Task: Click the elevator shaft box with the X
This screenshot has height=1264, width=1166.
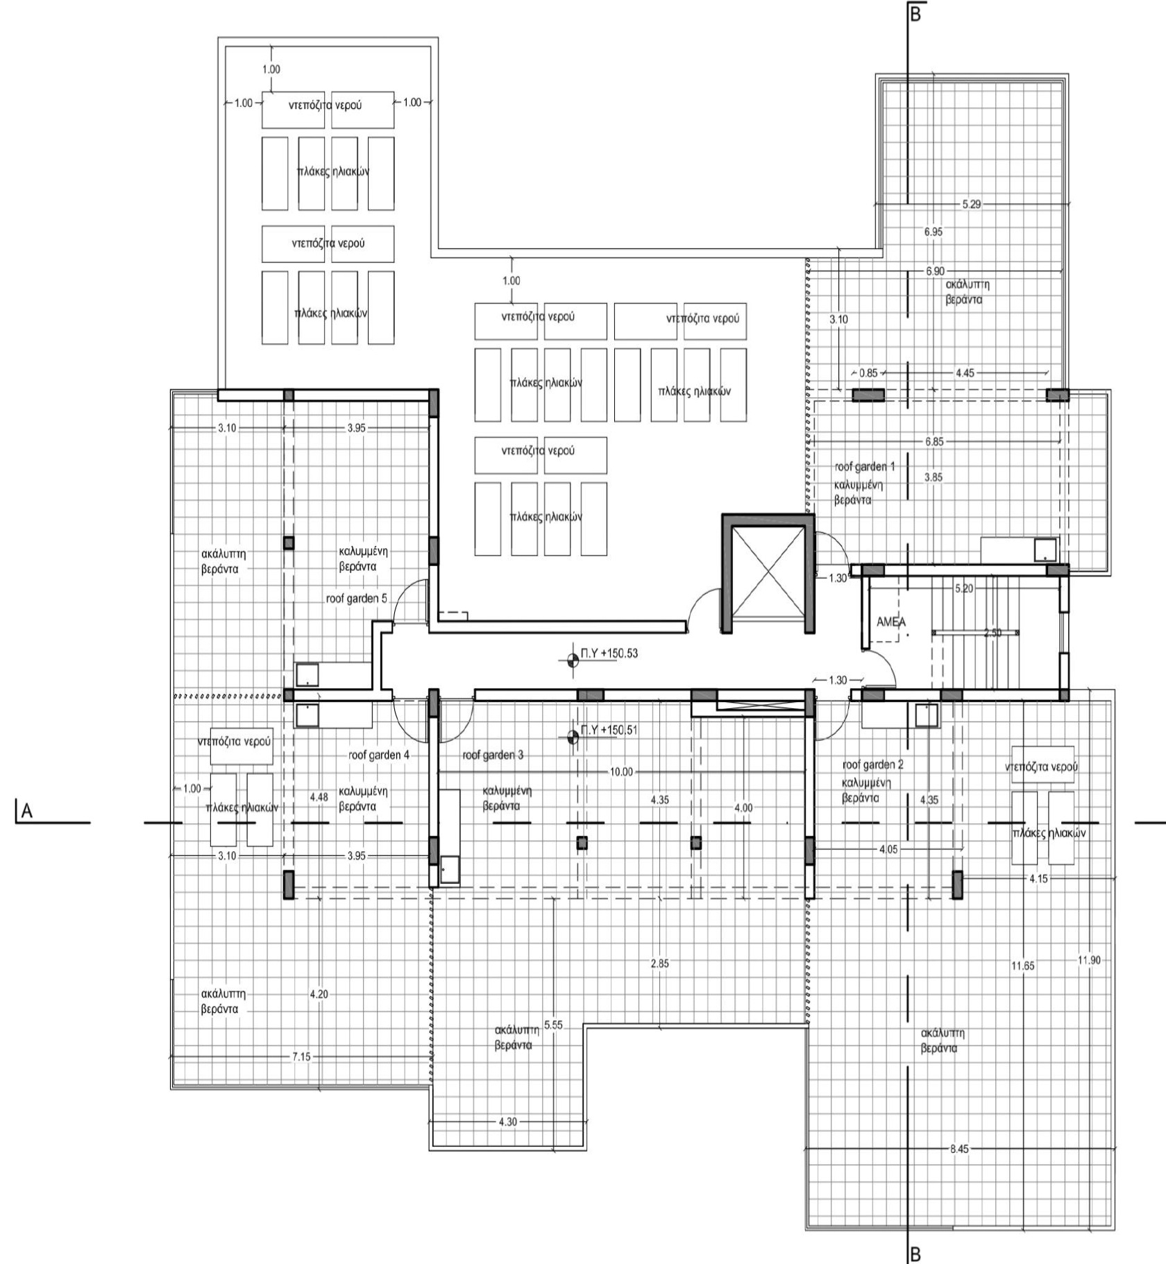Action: click(x=768, y=573)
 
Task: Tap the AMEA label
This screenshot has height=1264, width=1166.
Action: click(x=890, y=622)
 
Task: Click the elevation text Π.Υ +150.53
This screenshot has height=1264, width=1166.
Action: click(x=609, y=654)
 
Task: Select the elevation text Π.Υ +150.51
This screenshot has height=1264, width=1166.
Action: click(x=609, y=730)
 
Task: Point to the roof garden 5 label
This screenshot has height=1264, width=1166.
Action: click(x=356, y=599)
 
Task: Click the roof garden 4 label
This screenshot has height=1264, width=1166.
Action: click(x=379, y=755)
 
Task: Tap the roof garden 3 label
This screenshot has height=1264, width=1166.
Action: click(x=493, y=755)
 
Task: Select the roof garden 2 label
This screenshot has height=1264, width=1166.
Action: click(x=872, y=765)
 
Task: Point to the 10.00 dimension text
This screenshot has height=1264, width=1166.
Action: click(x=621, y=771)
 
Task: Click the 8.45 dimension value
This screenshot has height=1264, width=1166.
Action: click(x=958, y=1149)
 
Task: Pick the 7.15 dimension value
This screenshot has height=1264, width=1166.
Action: click(x=301, y=1057)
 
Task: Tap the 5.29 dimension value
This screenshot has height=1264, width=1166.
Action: click(x=971, y=205)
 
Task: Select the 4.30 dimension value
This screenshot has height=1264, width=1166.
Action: click(x=507, y=1122)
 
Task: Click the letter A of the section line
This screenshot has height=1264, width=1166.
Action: click(x=26, y=811)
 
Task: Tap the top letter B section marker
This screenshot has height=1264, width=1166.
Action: click(x=915, y=13)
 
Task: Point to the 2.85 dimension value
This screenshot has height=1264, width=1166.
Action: click(x=660, y=964)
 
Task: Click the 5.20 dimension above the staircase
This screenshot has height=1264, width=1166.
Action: click(x=963, y=588)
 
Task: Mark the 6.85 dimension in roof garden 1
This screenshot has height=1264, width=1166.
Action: click(x=934, y=441)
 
